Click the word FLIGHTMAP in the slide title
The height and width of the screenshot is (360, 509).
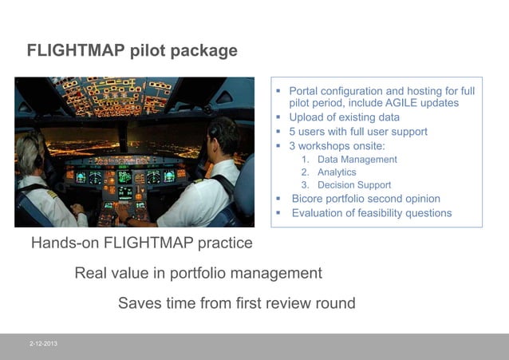(77, 50)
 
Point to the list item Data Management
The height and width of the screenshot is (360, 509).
(357, 160)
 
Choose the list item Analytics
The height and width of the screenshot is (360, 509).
(337, 172)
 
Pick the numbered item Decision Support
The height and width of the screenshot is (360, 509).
(355, 185)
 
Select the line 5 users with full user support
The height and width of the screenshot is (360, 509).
(358, 132)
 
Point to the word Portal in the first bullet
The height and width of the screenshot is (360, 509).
(306, 91)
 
